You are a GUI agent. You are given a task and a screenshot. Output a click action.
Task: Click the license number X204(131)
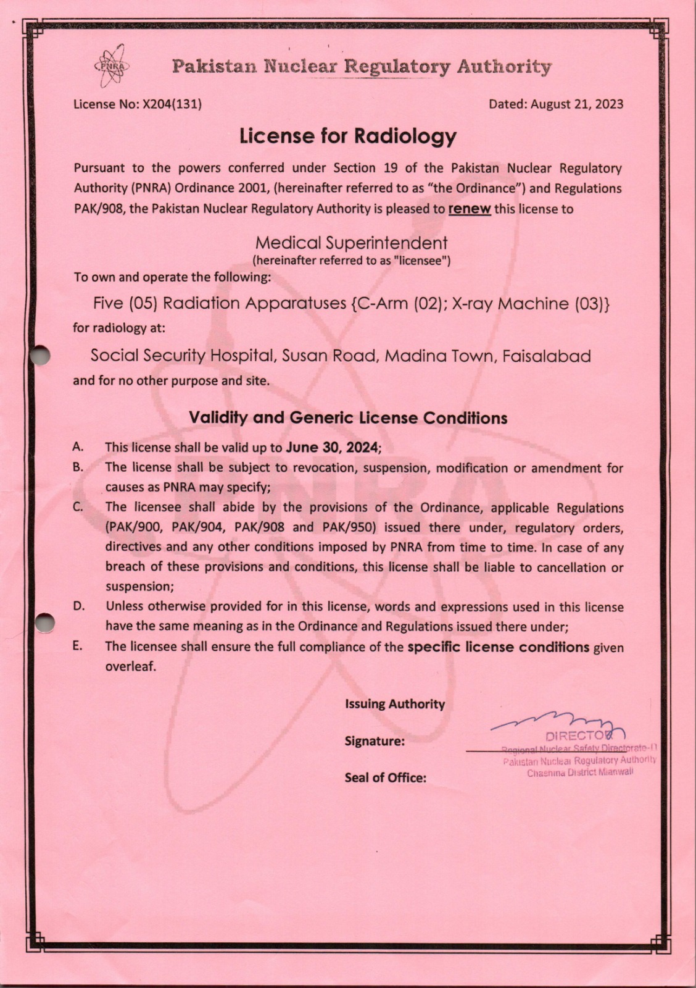tap(172, 104)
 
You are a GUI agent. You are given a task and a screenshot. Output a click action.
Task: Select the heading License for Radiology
tap(348, 136)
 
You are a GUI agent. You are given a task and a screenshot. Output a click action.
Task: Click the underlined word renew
tap(470, 209)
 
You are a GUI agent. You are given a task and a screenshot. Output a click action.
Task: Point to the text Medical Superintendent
tap(351, 243)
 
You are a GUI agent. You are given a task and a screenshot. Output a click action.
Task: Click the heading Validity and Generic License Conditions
tap(348, 418)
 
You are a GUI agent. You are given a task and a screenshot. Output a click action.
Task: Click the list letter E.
tap(77, 646)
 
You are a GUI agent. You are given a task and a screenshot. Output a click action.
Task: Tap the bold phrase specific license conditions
tap(499, 647)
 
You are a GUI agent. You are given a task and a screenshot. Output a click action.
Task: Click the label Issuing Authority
tap(395, 704)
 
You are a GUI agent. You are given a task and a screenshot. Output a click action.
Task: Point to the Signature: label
tap(375, 741)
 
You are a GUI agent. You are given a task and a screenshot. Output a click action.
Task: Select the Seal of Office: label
tap(386, 778)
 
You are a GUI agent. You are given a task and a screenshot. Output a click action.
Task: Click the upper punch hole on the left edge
tap(40, 354)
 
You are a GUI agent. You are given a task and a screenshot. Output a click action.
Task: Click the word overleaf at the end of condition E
tap(130, 666)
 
